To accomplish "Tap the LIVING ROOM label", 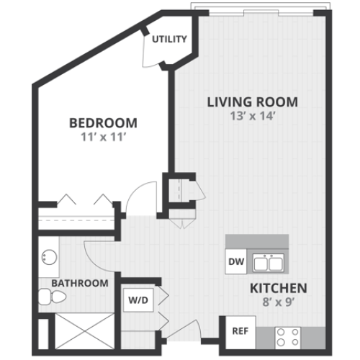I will tap(252, 102).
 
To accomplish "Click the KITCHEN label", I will tap(278, 289).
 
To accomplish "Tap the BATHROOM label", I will tap(79, 284).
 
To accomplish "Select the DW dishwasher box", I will tap(235, 262).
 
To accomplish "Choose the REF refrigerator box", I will tap(240, 331).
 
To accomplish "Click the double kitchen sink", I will tap(268, 263).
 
